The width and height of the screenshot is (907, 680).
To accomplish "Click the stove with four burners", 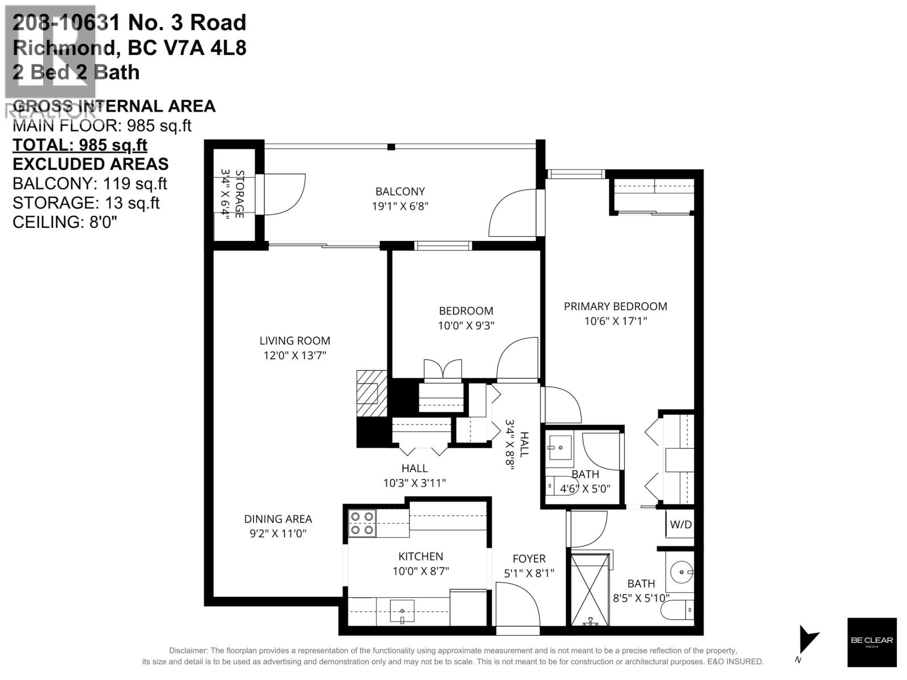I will (x=362, y=523).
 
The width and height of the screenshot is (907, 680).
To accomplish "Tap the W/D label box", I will (x=681, y=524).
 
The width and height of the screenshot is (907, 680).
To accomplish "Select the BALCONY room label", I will (x=400, y=192).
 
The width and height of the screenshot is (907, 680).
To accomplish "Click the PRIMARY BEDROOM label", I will (x=615, y=306).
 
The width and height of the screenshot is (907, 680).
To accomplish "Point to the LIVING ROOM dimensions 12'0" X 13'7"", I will (x=294, y=355).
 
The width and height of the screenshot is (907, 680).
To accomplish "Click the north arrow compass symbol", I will (x=807, y=641).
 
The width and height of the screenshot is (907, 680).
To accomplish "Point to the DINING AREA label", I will (x=278, y=518).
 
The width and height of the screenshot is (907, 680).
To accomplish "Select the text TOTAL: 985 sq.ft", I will (x=80, y=145).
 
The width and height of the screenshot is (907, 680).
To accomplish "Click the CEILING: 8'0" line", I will (x=65, y=222).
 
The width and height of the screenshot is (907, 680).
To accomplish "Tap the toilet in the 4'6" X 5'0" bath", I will (x=553, y=487).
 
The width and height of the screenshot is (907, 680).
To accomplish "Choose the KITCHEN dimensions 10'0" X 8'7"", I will (x=421, y=571).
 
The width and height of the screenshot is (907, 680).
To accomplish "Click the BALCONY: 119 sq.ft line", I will (x=90, y=184).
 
